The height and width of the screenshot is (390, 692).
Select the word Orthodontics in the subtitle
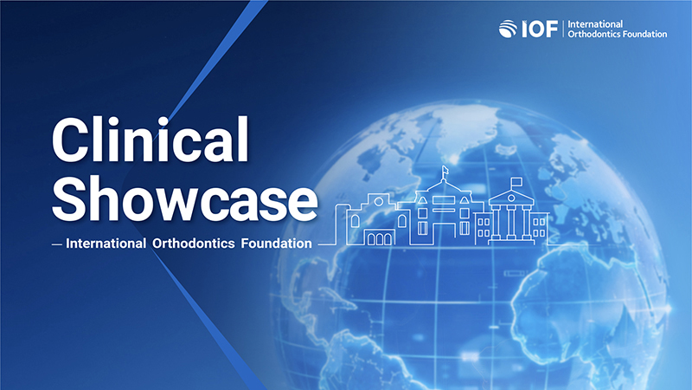(193, 244)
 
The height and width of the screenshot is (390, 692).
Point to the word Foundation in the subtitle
(276, 244)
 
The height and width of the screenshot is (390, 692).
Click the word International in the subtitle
(106, 244)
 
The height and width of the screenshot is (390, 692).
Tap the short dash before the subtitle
(56, 244)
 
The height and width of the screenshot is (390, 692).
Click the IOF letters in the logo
(540, 29)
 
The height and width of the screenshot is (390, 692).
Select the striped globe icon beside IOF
(508, 29)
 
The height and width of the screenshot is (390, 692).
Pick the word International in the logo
(595, 24)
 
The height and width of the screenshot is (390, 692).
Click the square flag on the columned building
(516, 182)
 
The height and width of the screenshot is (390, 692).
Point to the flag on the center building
(445, 169)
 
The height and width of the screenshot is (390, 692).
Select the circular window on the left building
(378, 202)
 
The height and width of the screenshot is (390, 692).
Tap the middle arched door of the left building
(379, 239)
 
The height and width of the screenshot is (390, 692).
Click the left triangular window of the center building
(422, 200)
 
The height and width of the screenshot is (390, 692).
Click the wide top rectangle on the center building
(443, 200)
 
